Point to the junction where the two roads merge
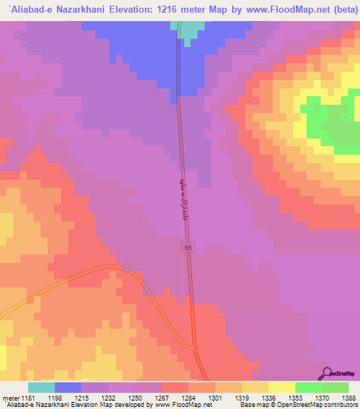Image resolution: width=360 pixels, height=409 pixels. tap(195, 347)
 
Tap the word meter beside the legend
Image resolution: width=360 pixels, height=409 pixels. tap(9, 397)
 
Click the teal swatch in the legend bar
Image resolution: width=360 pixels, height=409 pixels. tap(41, 387)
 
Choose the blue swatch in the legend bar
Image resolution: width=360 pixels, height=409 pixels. tap(67, 387)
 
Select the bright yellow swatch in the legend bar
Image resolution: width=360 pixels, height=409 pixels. tap(281, 387)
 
